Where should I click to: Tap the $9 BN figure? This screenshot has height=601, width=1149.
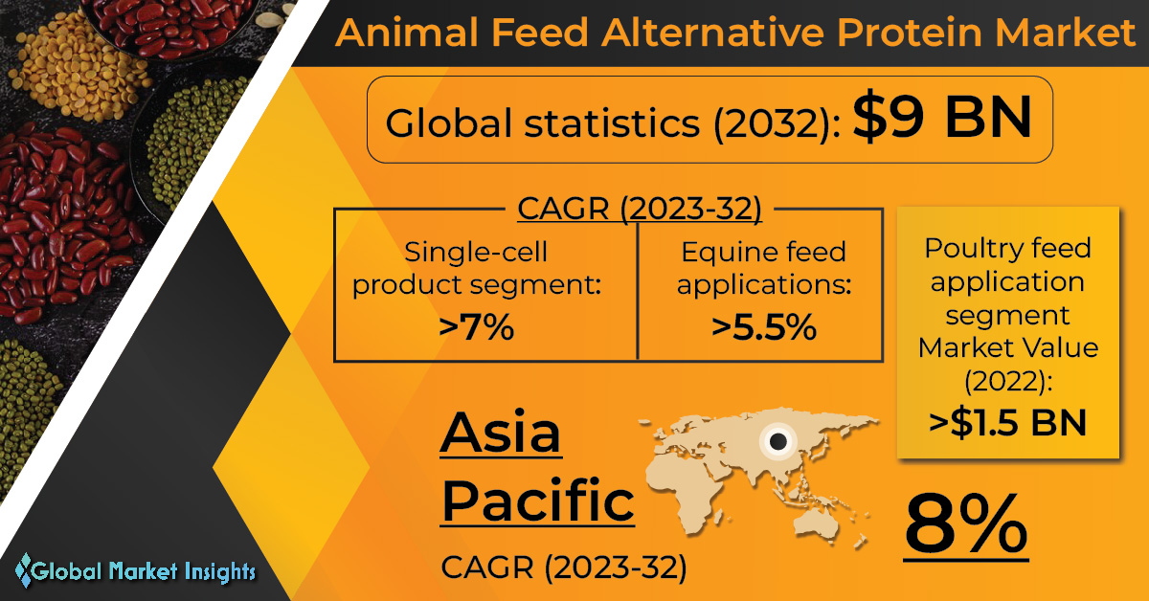942,117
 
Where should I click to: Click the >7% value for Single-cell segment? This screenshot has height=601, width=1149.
477,326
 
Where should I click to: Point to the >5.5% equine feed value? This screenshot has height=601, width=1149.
764,326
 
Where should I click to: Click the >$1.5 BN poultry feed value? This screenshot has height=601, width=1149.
1008,423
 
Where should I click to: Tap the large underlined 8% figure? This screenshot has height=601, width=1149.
966,525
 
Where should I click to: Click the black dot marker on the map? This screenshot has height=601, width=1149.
778,440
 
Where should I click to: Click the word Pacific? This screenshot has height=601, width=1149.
538,501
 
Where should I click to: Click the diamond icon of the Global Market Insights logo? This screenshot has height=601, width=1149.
24,569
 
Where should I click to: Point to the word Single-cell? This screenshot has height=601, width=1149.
476,253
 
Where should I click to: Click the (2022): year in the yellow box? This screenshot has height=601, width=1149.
1008,382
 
